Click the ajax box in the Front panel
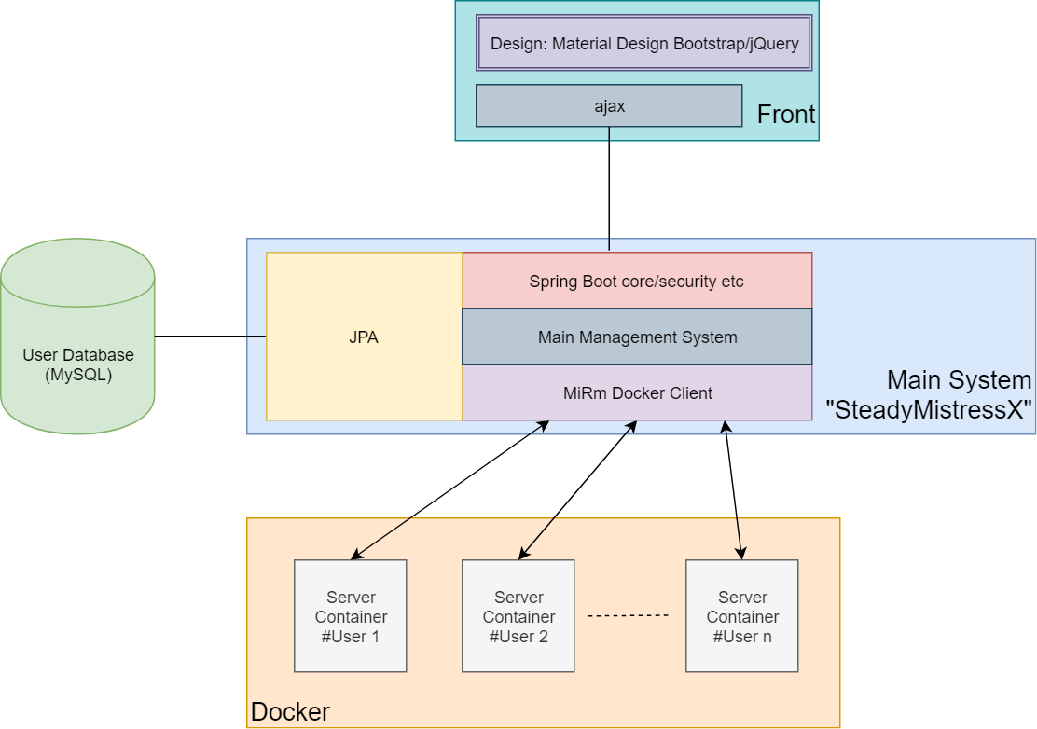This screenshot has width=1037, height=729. [609, 105]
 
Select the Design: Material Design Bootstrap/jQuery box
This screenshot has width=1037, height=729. [644, 43]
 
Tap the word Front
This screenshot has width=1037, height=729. [785, 115]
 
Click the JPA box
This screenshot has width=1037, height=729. [364, 337]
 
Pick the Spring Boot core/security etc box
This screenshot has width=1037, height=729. [637, 281]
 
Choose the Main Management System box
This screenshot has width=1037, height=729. [637, 337]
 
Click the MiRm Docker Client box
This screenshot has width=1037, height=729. [637, 392]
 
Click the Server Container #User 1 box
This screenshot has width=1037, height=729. [351, 616]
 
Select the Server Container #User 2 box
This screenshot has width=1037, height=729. [518, 616]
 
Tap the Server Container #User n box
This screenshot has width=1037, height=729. [742, 616]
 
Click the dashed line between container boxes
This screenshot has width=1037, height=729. [629, 615]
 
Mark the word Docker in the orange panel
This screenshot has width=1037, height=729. [290, 712]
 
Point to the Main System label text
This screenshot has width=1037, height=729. [959, 379]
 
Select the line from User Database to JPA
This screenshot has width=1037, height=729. [210, 336]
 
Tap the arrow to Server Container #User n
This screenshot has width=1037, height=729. [734, 490]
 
